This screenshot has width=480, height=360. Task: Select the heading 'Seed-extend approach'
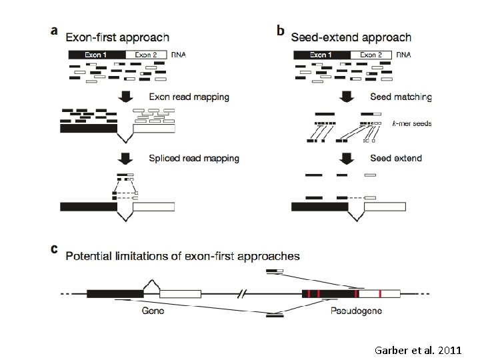click(x=351, y=37)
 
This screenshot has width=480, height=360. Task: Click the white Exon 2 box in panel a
click(x=147, y=55)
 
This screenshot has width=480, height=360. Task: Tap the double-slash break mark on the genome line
click(x=243, y=293)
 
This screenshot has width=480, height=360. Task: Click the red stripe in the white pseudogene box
click(x=379, y=293)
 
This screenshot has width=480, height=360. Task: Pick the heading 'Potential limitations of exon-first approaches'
click(x=182, y=255)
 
